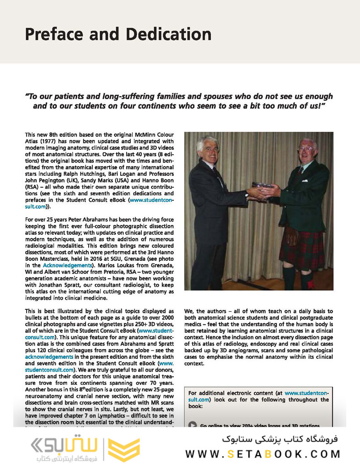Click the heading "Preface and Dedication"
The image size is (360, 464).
point(118,34)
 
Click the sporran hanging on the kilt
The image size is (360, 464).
point(291,236)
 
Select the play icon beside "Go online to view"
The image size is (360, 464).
point(193,425)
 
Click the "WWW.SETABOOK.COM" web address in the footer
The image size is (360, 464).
point(263,454)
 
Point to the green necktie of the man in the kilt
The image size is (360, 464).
point(300,170)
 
